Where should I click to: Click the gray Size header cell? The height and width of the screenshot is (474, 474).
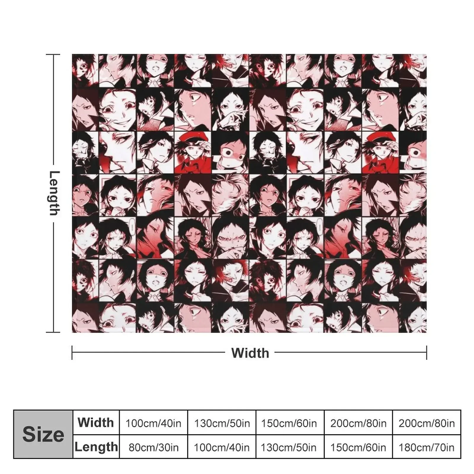pos(43,434)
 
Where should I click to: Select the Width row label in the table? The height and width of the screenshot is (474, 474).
pos(96,422)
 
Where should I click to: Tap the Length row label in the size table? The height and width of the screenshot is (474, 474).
pos(96,447)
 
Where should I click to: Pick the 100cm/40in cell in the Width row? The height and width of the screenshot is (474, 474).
pos(153,423)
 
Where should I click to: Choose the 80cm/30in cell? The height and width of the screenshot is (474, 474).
pos(153,447)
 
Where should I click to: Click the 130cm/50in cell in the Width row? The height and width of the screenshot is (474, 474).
pos(222,423)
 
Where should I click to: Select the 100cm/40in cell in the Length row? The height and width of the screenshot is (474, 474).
pos(222,447)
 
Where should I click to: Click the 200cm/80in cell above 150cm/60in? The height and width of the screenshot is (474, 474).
pos(358,423)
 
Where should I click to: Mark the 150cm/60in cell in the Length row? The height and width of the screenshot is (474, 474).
pos(358,447)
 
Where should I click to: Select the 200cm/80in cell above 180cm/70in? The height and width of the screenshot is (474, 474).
pos(427,423)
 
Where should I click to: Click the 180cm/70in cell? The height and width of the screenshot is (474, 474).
pos(427,447)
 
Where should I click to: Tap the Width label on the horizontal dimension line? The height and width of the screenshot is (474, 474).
pos(250,353)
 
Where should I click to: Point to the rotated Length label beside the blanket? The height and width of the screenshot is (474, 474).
pos(54,193)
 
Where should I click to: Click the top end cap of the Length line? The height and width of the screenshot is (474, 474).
pos(53,55)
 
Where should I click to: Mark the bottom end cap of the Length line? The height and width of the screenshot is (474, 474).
pos(53,332)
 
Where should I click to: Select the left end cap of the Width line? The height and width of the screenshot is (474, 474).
pos(72,353)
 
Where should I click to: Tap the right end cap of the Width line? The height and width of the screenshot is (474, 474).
pos(427,353)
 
